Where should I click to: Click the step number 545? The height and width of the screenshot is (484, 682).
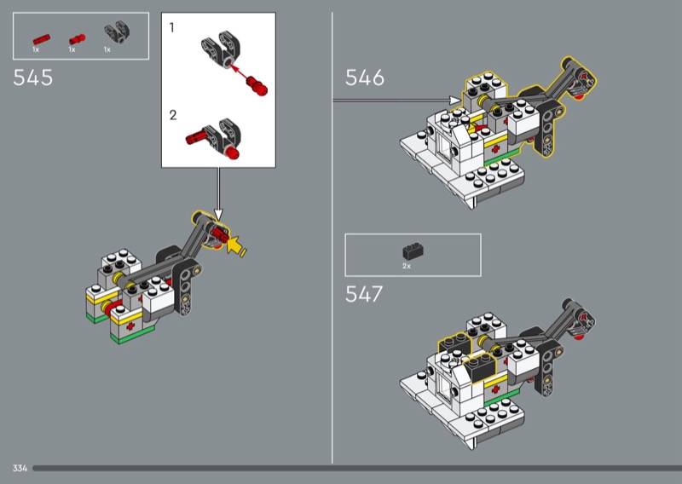coord(33,78)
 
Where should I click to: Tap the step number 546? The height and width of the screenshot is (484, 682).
coord(365,78)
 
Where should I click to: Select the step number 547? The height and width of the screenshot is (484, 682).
coord(364,294)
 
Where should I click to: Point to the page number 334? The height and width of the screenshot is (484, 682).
coord(20,468)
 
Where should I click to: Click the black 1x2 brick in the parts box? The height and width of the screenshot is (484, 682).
coord(413,251)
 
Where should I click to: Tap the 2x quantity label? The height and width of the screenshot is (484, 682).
coord(407,266)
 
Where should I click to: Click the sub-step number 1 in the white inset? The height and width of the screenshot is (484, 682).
coord(172,28)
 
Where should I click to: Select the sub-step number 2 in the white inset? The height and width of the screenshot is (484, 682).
coord(173,115)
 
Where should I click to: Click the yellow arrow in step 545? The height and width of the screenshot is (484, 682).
coord(235,246)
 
